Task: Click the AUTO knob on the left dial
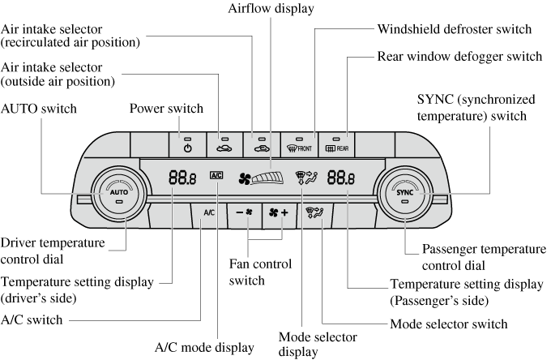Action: pos(119,194)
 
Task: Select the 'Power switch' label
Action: pos(166,109)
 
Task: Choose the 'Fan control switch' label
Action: pos(248,272)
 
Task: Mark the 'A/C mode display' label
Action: pos(204,347)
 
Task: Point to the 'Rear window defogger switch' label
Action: pos(459,57)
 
